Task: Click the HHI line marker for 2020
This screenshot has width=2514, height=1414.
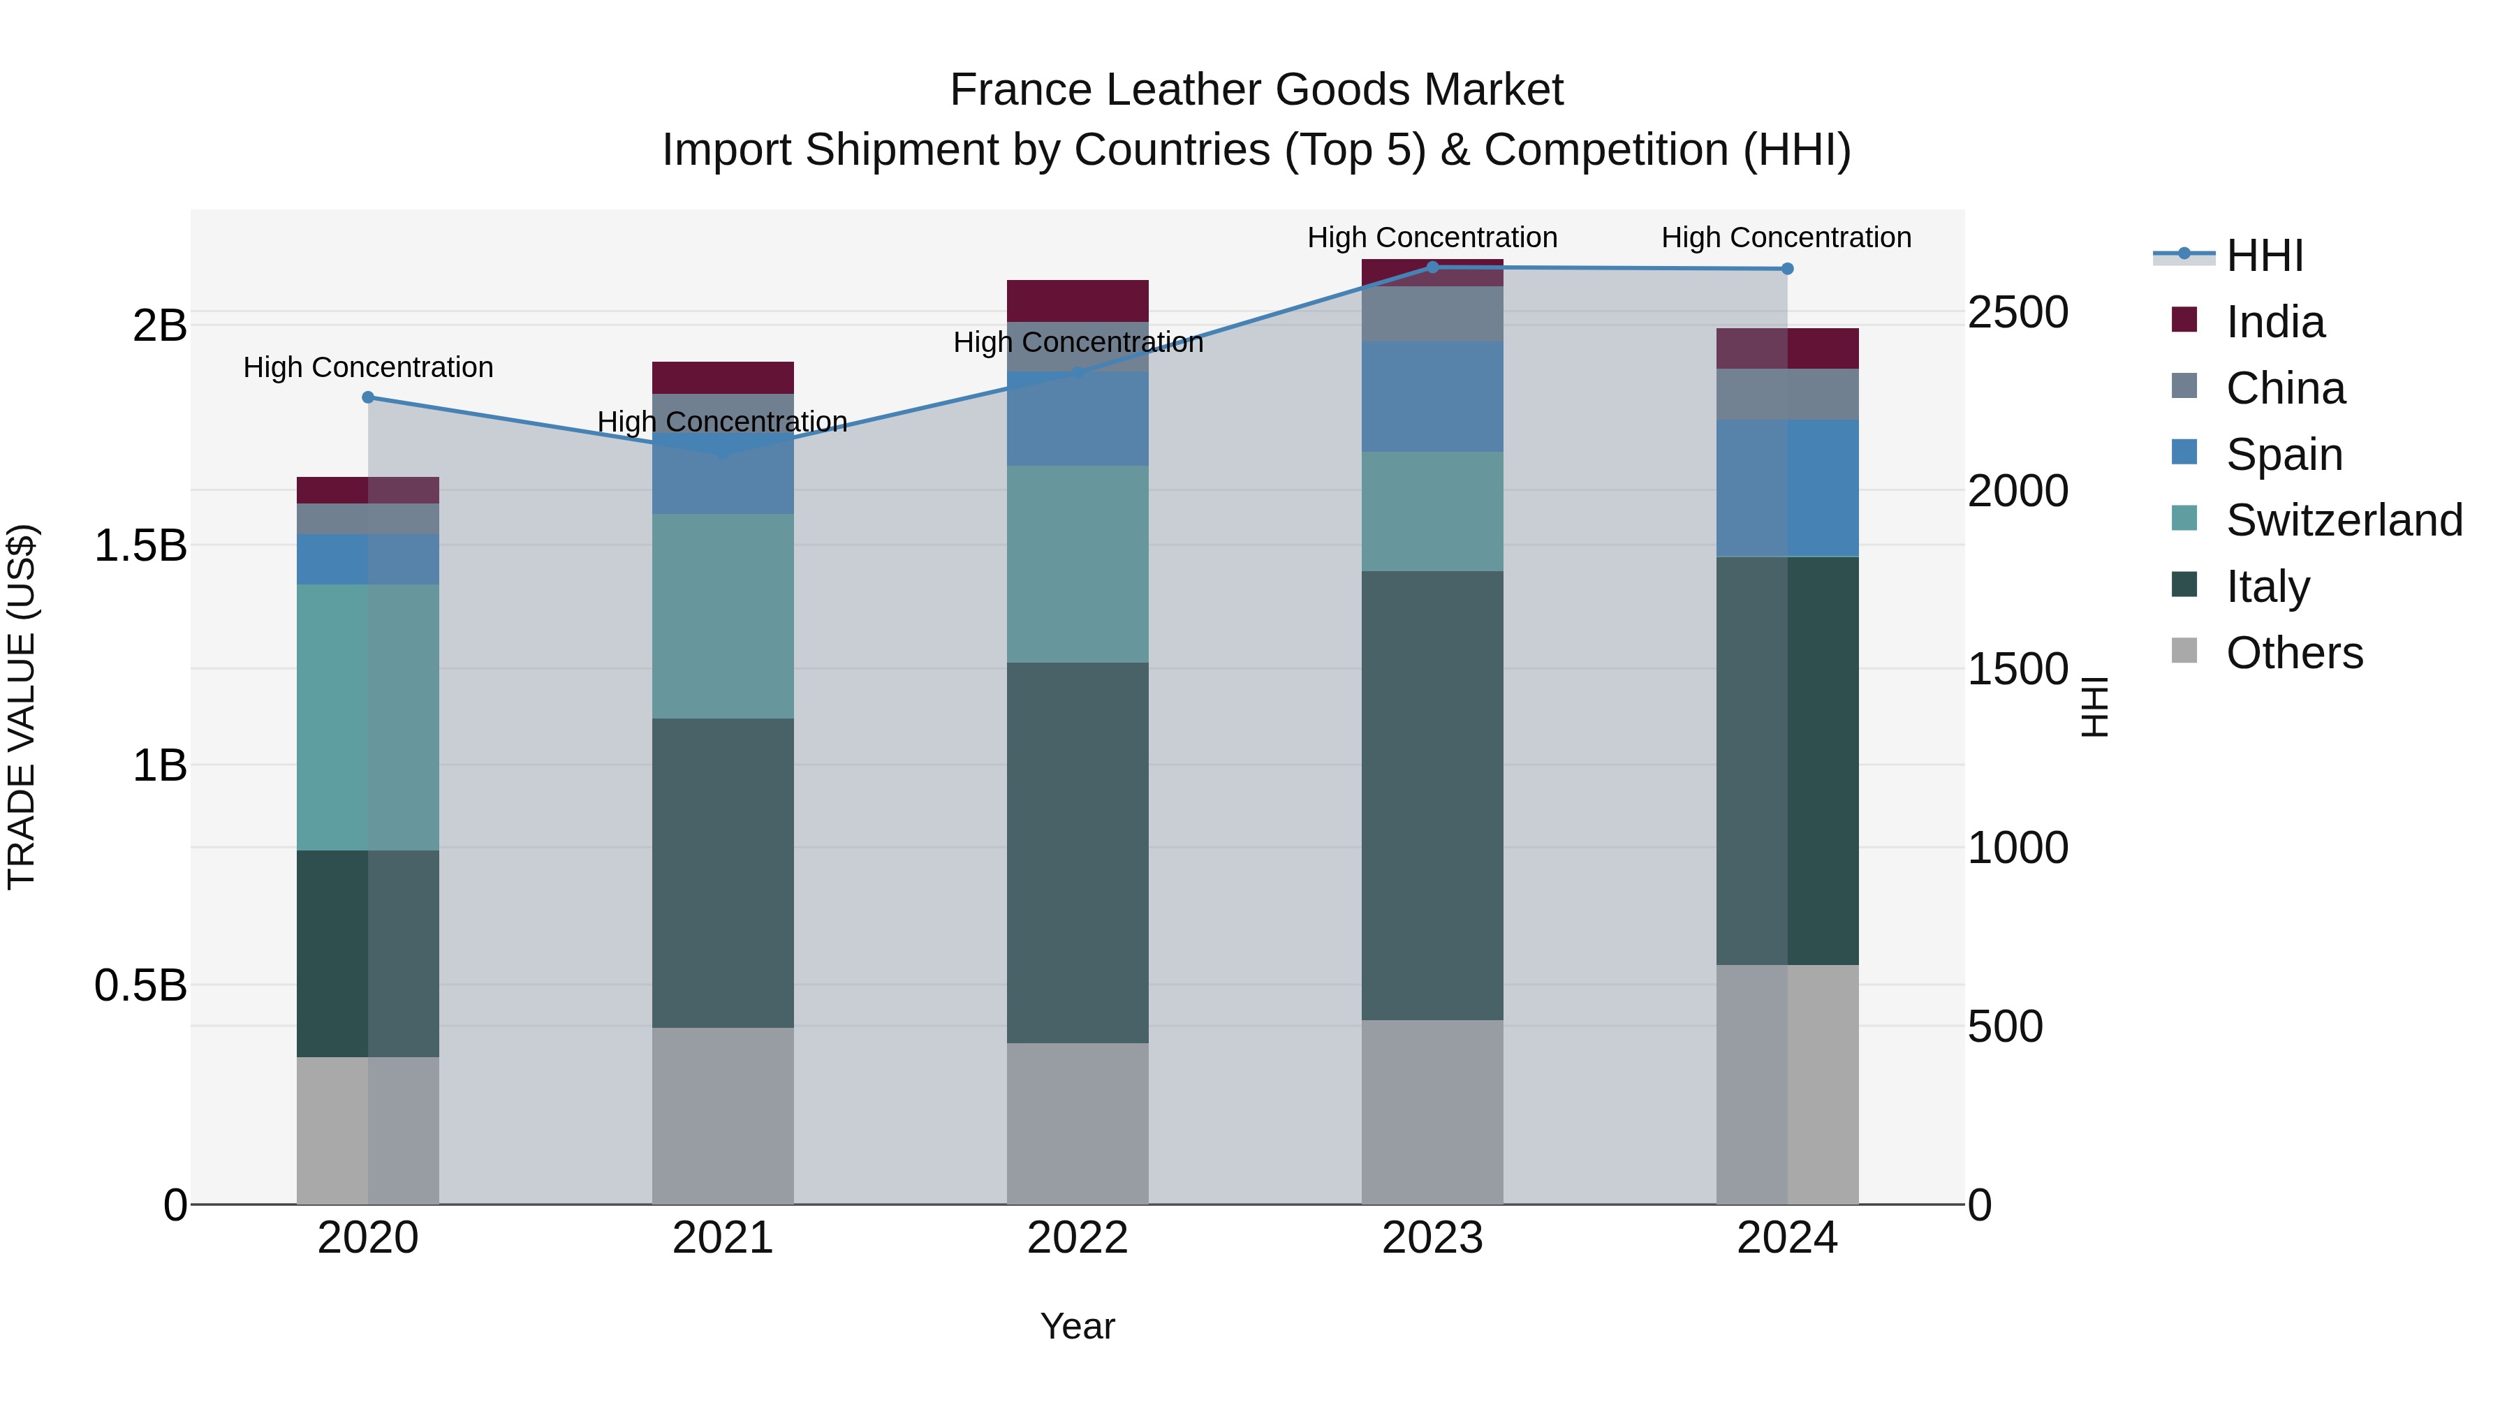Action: [368, 397]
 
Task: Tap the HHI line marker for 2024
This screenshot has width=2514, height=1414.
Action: [1787, 268]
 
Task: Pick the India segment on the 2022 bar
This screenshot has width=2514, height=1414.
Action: [1078, 300]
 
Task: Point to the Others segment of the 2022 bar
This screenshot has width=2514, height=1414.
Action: [1078, 1124]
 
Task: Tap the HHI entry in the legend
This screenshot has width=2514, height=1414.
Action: [2264, 256]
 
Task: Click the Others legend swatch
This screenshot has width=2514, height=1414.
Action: [2184, 651]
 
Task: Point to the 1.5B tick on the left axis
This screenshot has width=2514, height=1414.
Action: [140, 545]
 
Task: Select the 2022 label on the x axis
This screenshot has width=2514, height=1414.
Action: [1078, 1238]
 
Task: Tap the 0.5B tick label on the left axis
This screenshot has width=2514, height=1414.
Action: [140, 985]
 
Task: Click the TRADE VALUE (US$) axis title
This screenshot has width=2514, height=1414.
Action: [22, 707]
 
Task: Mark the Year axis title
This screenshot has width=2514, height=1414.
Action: [1078, 1326]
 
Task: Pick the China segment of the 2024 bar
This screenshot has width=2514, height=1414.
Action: [1787, 395]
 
